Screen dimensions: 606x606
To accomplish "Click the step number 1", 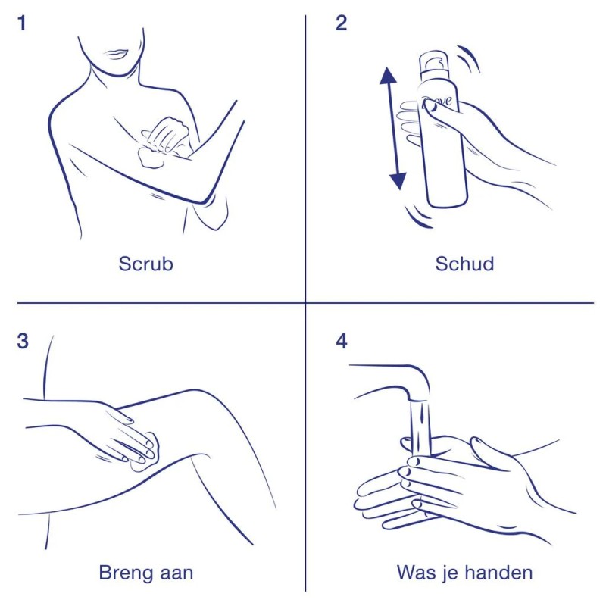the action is coord(22,23).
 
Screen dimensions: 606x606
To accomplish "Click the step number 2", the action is coord(342,23).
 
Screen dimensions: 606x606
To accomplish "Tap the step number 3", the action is coord(23,342).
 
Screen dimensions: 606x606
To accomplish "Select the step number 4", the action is coord(342,342).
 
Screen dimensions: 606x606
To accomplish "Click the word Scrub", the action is coord(145,264).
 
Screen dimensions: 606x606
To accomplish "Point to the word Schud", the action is coord(464,264).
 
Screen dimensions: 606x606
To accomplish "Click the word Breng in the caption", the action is coord(126,573).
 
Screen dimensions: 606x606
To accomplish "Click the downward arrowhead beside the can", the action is coord(398,182).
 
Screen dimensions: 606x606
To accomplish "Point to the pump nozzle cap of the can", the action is coord(434,61).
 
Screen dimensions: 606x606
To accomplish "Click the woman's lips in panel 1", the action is coord(116,54).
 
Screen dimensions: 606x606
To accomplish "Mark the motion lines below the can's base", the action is coord(417,217).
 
